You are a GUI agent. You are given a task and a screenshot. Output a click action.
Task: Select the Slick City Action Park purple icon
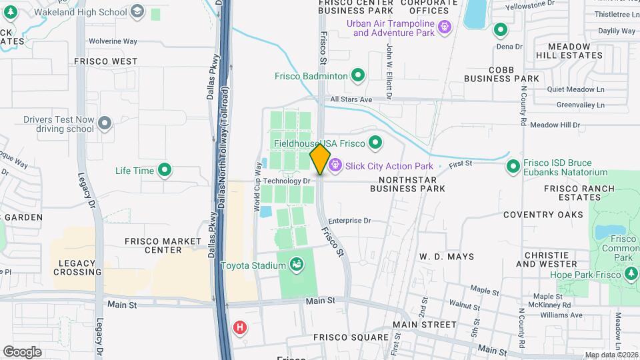coord(334,165)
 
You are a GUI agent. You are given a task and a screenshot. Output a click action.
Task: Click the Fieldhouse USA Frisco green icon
coord(375,143)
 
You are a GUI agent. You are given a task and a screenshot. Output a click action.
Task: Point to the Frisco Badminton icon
coord(357,76)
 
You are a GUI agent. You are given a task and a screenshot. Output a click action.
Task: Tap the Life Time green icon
coord(164,171)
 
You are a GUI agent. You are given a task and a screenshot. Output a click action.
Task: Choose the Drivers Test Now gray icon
coord(104,123)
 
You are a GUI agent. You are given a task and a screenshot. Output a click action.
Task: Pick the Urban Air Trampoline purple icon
coord(445,27)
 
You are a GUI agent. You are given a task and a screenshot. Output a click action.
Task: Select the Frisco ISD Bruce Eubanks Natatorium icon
coord(513,166)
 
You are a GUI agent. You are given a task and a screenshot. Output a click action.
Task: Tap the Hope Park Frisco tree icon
coord(631,274)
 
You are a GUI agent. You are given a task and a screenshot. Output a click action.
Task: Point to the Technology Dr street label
coord(287,181)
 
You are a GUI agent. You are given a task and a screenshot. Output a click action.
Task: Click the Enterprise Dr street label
coord(349,220)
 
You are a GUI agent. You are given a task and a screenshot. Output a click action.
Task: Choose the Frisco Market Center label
coord(163,245)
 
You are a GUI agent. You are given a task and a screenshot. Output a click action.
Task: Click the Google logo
coord(22,351)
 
